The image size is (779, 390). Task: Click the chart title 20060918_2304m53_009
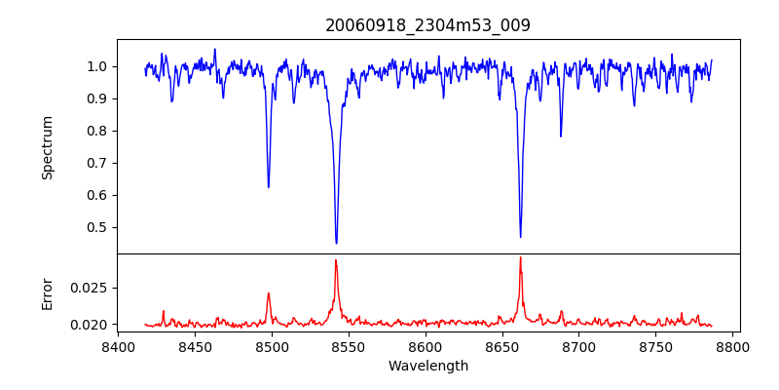point(427,25)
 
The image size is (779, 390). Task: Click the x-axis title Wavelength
point(427,366)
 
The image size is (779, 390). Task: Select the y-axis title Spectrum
point(48,147)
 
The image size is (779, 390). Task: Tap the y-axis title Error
point(48,293)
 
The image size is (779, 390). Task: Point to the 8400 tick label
point(118,347)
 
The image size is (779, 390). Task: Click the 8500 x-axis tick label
point(272,347)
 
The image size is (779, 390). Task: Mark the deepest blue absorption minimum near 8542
point(336,243)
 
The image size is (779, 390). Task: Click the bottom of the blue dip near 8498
point(269,186)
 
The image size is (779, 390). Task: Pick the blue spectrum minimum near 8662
point(520,237)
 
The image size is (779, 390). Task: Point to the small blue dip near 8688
point(561,136)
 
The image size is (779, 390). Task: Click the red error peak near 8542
point(336,260)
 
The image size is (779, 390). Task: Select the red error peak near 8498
point(269,293)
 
